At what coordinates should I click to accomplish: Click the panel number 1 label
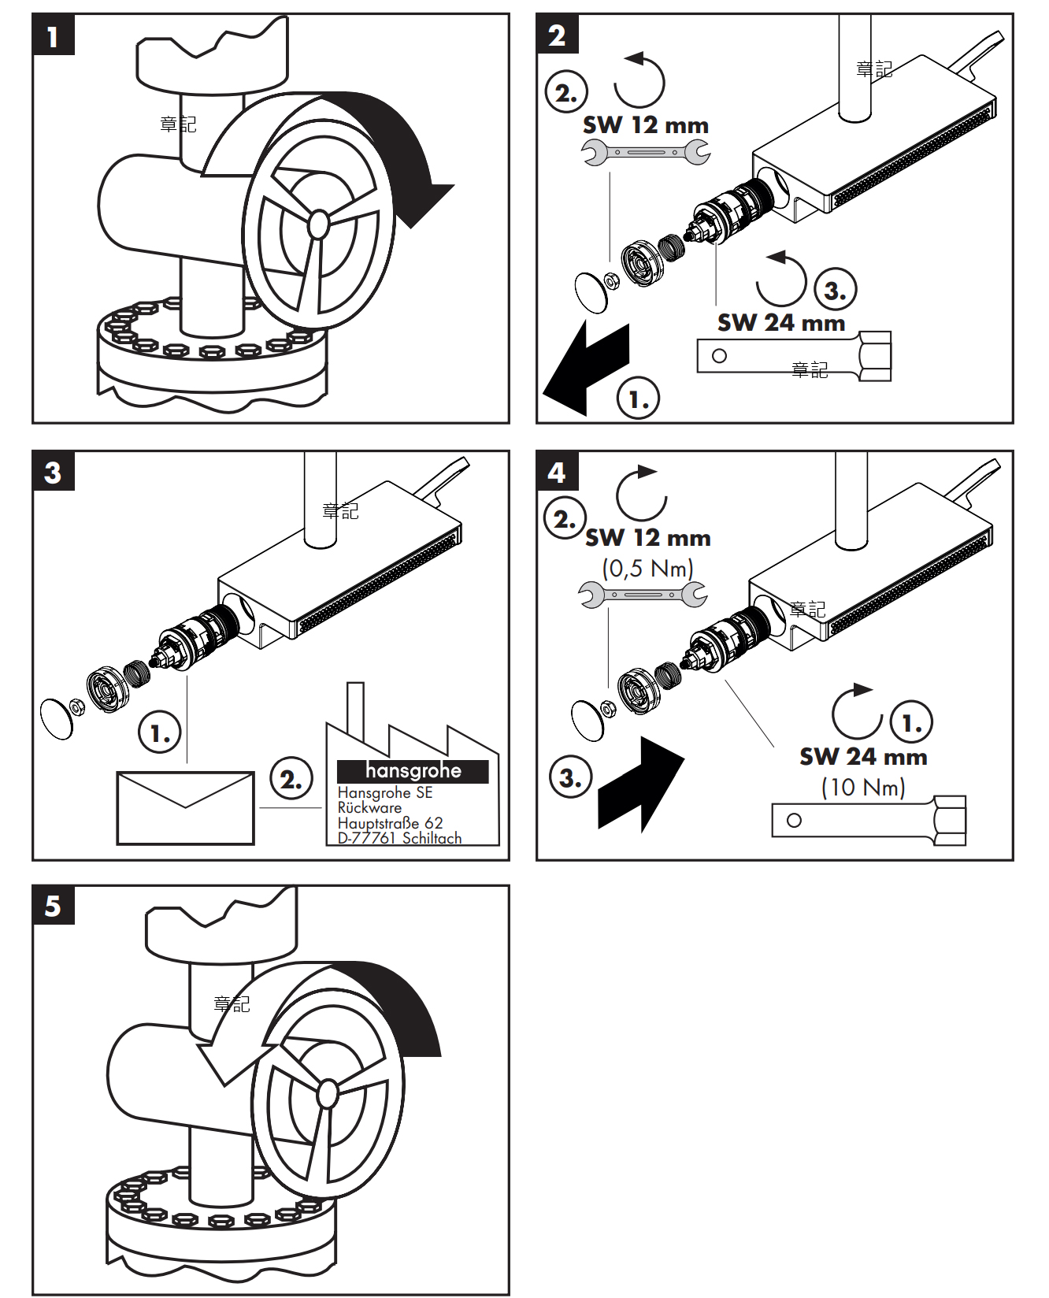(53, 36)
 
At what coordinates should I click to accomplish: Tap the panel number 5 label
(53, 906)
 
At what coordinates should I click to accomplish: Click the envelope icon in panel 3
(185, 808)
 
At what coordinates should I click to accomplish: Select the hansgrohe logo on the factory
(413, 771)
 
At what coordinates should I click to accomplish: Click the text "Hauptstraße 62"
(390, 823)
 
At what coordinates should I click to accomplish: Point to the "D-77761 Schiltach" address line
(399, 838)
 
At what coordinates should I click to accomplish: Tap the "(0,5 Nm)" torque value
(647, 568)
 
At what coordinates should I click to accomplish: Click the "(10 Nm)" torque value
(863, 787)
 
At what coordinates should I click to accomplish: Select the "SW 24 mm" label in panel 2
(780, 323)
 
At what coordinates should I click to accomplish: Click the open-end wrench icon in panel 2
(646, 152)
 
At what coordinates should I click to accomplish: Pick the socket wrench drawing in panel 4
(869, 820)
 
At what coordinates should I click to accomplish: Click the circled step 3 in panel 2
(835, 290)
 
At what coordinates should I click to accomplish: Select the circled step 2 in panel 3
(291, 779)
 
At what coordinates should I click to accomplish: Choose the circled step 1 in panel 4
(911, 721)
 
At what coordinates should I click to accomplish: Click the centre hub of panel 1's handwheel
(318, 224)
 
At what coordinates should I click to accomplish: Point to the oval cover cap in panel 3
(56, 718)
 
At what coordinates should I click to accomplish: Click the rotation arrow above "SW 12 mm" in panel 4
(641, 494)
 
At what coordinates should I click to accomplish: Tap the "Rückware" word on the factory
(369, 807)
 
